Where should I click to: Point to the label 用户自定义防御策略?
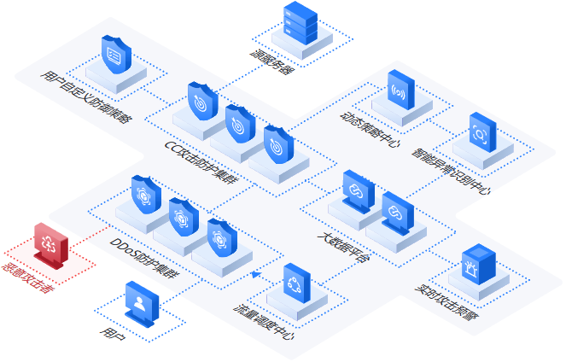pyautogui.click(x=85, y=98)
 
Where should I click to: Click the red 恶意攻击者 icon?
pyautogui.click(x=48, y=244)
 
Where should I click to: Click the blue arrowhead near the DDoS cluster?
pyautogui.click(x=254, y=273)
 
